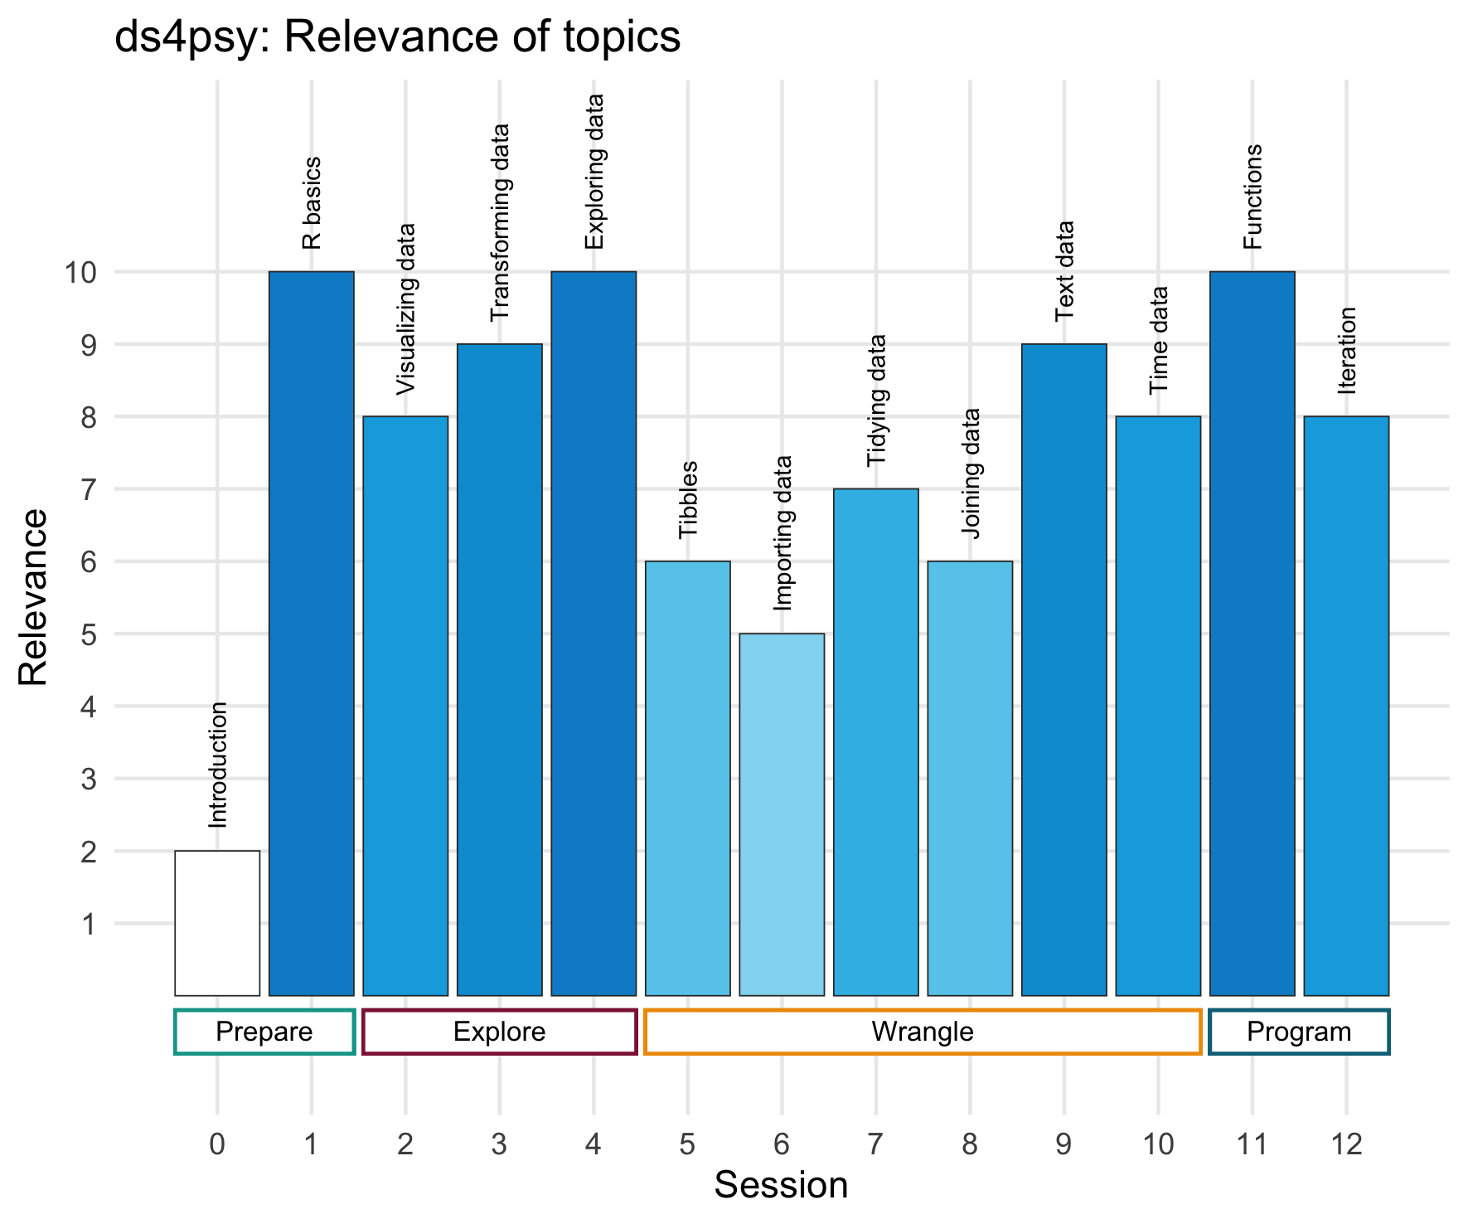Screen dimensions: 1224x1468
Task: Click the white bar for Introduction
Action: point(217,922)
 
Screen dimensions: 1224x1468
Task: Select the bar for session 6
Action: point(782,814)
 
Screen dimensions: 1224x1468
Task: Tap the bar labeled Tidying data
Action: point(876,742)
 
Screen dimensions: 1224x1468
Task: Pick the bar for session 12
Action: point(1346,706)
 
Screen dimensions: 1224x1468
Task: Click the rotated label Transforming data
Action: point(500,222)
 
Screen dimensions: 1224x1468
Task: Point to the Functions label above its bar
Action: point(1252,197)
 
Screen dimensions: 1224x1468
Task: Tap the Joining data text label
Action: point(971,473)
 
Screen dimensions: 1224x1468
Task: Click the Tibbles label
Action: point(688,499)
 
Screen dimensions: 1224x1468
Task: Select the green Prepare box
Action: point(264,1032)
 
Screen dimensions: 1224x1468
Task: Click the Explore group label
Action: point(500,1032)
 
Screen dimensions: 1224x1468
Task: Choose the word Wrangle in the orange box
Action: point(923,1032)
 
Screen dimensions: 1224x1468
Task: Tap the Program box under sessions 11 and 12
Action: point(1299,1032)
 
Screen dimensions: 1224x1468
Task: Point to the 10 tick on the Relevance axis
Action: point(80,272)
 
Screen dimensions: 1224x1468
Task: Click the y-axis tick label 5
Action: point(89,634)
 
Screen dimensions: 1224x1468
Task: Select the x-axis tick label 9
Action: point(1063,1145)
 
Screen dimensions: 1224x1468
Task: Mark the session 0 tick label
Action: point(217,1145)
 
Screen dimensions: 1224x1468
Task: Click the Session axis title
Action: point(781,1186)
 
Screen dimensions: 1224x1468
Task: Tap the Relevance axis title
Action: point(34,597)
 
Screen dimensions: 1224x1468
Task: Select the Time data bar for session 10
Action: point(1158,706)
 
